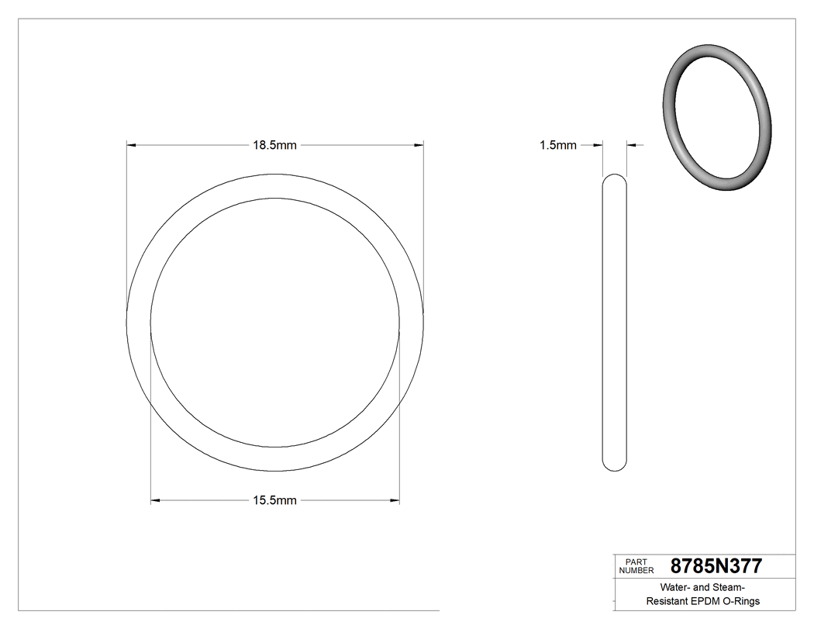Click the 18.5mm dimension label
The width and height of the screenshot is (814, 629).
point(274,145)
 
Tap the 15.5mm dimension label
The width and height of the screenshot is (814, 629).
point(274,501)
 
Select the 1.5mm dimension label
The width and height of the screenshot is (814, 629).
point(558,145)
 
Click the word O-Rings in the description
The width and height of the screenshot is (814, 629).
point(741,601)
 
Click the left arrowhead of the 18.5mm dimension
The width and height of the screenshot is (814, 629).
point(132,145)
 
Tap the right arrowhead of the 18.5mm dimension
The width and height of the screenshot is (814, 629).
point(419,145)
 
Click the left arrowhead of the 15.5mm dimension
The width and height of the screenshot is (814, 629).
point(155,501)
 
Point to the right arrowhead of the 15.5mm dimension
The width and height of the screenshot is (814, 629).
point(395,501)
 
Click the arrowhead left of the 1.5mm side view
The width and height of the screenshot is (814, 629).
point(598,145)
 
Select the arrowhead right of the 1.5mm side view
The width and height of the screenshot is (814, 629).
point(632,145)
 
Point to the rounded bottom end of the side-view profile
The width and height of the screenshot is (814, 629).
point(615,465)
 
